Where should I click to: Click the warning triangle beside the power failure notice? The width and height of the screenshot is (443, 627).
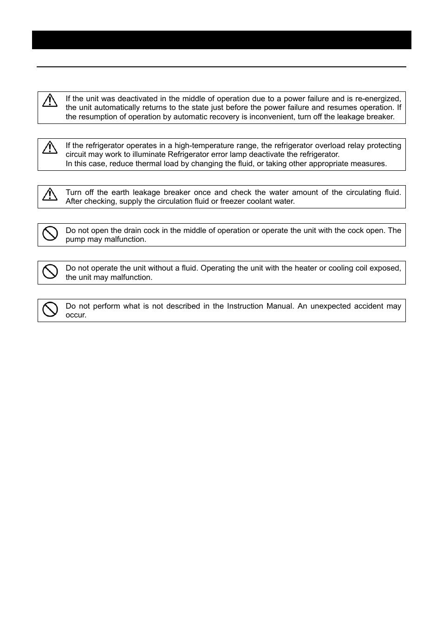point(50,100)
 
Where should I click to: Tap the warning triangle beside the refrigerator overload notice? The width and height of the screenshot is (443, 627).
point(50,147)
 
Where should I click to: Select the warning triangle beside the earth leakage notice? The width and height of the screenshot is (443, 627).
point(50,194)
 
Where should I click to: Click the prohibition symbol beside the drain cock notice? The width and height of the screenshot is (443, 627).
point(50,233)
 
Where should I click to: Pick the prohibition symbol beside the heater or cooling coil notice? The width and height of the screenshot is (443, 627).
point(50,271)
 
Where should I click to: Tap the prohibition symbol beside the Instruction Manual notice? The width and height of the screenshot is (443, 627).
point(50,309)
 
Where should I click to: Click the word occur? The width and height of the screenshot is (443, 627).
point(75,315)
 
